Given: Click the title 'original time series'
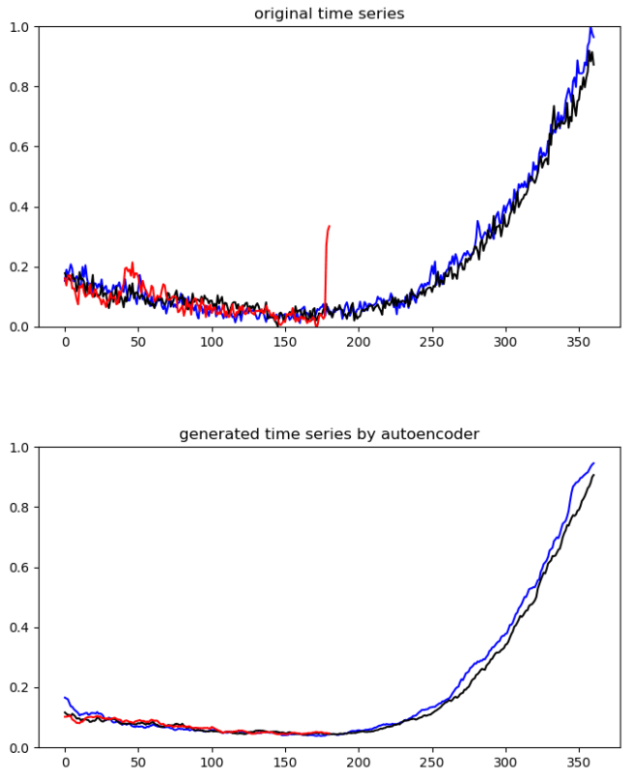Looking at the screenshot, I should tap(329, 14).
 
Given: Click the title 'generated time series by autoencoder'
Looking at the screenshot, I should tap(329, 434).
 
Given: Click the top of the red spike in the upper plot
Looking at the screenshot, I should tap(329, 226).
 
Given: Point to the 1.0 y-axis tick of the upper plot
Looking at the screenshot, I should tap(18, 27).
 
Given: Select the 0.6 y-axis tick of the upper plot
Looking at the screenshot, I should tap(18, 147).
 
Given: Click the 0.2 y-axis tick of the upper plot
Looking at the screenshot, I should tap(18, 266).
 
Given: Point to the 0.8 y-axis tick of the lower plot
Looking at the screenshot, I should tap(18, 508).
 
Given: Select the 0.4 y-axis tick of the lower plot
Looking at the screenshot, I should tap(18, 628).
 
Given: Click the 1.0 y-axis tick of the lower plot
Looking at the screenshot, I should tap(18, 448).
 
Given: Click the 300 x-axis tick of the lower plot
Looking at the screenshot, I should tap(506, 763).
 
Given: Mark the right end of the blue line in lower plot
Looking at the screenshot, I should tap(593, 463).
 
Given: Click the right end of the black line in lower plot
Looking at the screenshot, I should tap(593, 475).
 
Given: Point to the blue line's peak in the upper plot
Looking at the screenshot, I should tap(591, 28).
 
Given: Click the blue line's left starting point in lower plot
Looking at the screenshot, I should tap(65, 697).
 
